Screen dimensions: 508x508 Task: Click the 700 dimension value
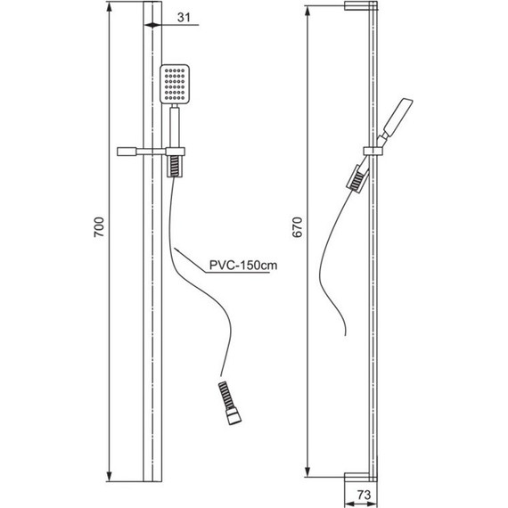click(x=99, y=227)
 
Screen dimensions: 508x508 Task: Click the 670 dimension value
click(x=297, y=227)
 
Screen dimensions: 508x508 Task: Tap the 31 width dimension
click(x=184, y=17)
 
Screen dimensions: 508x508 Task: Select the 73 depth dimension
click(x=364, y=495)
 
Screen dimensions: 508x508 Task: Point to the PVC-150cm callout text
click(x=243, y=266)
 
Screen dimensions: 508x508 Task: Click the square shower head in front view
click(x=175, y=85)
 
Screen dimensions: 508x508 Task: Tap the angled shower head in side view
click(x=397, y=118)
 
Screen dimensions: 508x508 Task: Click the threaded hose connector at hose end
click(x=229, y=403)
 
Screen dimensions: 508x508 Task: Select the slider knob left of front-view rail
click(x=127, y=152)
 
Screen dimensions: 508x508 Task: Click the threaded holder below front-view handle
click(x=175, y=166)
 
